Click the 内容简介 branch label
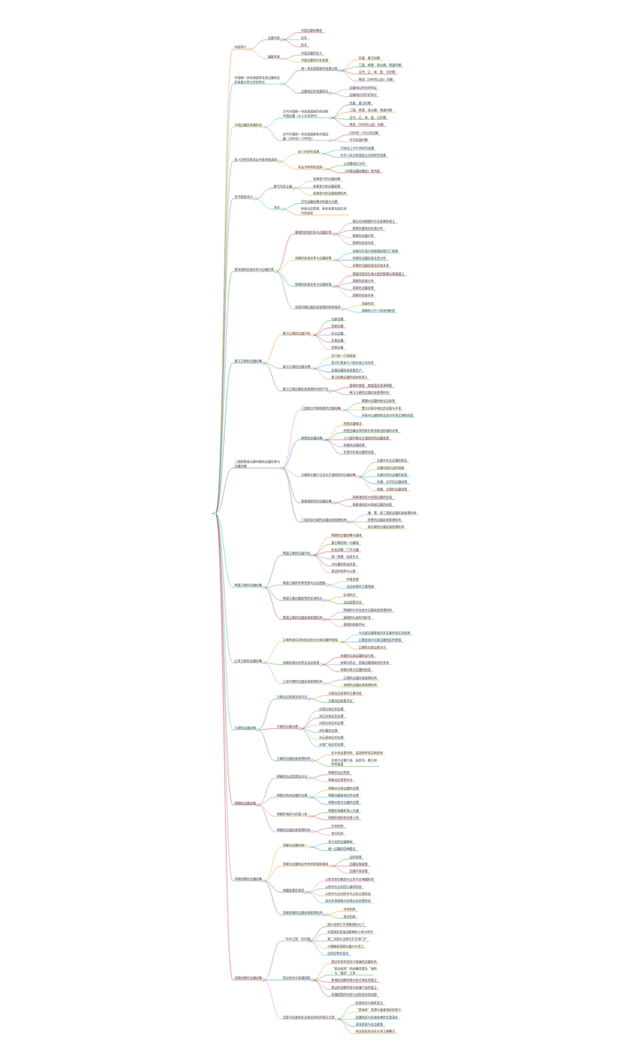240,47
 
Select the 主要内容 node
274,38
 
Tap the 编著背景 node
274,56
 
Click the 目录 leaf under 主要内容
304,45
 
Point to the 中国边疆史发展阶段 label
248,125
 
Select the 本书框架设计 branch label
244,197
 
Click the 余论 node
276,207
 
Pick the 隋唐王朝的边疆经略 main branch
248,585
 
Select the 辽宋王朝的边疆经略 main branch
248,661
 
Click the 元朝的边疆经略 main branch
244,727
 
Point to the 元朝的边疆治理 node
288,727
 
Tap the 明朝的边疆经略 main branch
244,803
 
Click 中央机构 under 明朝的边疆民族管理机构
337,825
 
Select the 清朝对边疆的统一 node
294,846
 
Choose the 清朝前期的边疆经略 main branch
248,879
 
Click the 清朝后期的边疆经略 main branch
248,978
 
